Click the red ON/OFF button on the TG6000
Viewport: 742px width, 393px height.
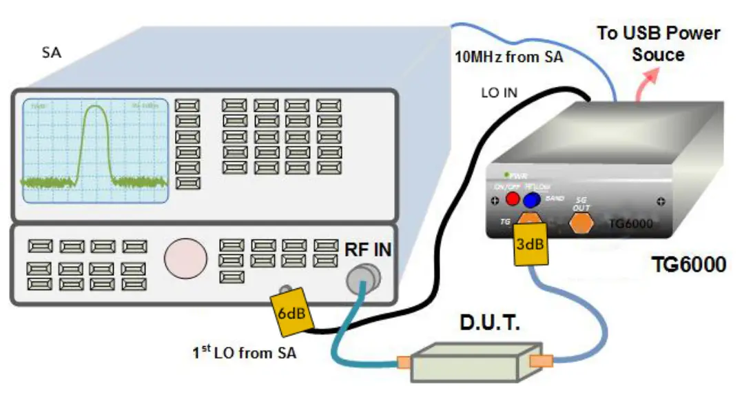(513, 199)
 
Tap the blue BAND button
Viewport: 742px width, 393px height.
(530, 200)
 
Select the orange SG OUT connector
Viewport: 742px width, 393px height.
(581, 223)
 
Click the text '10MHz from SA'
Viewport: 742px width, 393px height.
(508, 57)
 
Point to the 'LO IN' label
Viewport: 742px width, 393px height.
(500, 92)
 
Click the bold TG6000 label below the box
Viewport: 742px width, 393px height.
(689, 264)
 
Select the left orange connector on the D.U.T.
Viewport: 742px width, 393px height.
(402, 361)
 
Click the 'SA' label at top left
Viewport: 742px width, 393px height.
(51, 52)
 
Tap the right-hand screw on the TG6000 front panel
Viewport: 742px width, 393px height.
(660, 202)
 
